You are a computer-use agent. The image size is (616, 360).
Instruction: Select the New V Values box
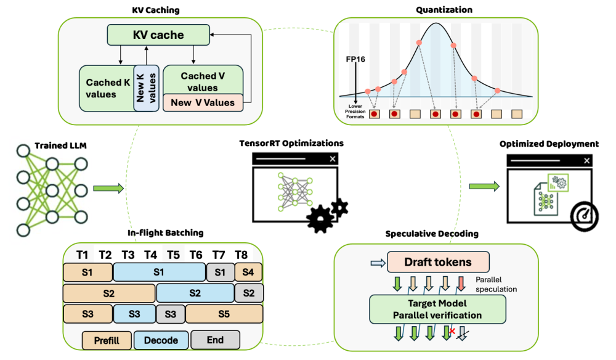pyautogui.click(x=203, y=102)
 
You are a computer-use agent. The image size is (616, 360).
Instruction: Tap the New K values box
pyautogui.click(x=147, y=88)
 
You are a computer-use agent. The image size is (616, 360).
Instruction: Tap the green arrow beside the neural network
pyautogui.click(x=108, y=189)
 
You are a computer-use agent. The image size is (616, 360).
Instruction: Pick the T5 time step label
pyautogui.click(x=173, y=255)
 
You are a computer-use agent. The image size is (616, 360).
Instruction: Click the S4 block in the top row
pyautogui.click(x=249, y=271)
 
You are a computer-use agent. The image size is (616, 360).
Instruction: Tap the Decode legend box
pyautogui.click(x=161, y=340)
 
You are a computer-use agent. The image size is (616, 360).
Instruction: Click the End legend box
pyautogui.click(x=215, y=340)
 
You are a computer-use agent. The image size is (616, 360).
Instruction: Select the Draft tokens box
pyautogui.click(x=437, y=262)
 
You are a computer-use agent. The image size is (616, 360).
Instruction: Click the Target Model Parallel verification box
pyautogui.click(x=437, y=309)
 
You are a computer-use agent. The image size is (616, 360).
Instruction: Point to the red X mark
pyautogui.click(x=453, y=332)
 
